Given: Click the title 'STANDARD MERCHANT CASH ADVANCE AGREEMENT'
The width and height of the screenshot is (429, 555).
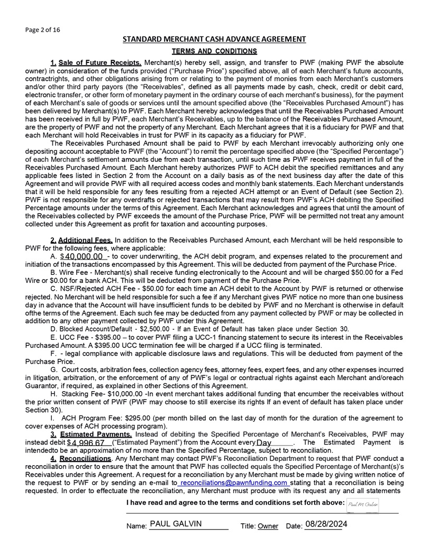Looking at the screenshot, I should point(214,39).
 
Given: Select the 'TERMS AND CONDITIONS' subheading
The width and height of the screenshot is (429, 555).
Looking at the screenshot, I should point(214,51).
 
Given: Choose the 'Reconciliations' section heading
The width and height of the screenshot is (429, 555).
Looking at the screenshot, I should point(85,458).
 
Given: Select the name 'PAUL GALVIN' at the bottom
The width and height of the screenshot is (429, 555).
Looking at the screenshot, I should point(176,524).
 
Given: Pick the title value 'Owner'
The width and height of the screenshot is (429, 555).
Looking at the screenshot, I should point(268,526).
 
